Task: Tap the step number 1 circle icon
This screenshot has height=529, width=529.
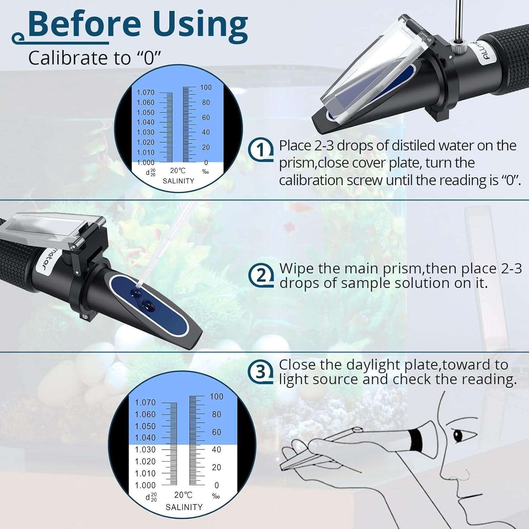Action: (x=261, y=150)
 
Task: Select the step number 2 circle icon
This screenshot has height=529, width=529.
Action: (x=261, y=275)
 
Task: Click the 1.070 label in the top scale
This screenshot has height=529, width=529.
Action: (x=145, y=92)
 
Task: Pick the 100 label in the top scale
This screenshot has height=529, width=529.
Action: (x=206, y=87)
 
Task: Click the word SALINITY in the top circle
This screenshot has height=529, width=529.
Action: (x=178, y=181)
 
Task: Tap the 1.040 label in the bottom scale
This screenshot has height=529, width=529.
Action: (x=145, y=438)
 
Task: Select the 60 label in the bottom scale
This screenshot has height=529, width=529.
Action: (x=216, y=432)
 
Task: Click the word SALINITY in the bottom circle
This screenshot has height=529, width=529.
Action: (x=184, y=507)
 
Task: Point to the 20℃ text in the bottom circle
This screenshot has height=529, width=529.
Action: (x=183, y=495)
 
